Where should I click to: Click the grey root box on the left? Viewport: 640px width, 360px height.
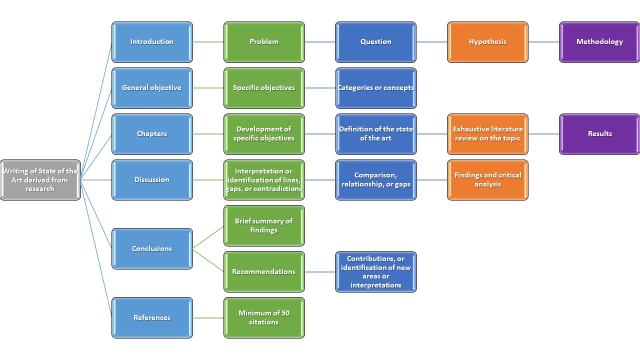point(40,180)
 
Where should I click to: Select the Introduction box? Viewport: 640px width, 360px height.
point(152,42)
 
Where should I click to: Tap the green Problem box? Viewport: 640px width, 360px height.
point(264,42)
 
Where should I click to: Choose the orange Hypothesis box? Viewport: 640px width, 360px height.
point(487,42)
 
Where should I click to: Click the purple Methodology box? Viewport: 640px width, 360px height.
point(599,42)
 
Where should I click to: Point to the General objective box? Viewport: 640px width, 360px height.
point(152,88)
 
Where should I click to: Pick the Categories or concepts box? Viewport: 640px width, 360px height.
point(376,88)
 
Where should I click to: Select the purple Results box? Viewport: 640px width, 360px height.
point(599,134)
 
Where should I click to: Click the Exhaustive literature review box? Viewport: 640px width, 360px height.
point(487,134)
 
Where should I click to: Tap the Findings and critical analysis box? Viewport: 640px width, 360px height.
point(487,180)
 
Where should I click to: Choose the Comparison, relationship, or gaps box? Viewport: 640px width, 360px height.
point(376,180)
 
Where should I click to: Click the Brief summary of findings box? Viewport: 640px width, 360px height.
point(264,225)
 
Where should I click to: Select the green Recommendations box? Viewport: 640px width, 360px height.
point(264,271)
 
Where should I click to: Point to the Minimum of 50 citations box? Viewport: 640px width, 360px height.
point(264,317)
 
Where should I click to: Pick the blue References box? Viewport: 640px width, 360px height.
point(152,317)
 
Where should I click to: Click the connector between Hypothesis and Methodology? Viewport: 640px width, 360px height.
point(543,42)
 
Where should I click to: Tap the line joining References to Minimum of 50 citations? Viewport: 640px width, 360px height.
point(208,317)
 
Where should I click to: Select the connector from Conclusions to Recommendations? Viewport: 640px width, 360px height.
point(208,260)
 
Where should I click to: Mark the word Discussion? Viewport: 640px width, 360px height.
point(152,180)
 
